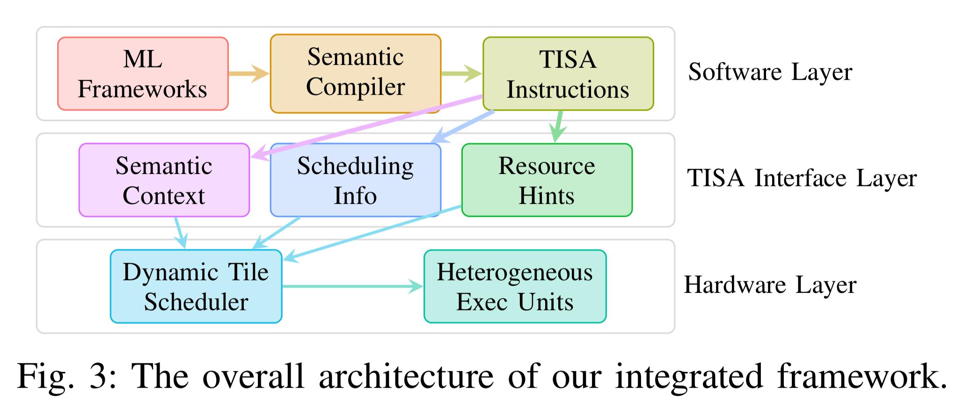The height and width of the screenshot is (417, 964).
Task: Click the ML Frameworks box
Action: [143, 74]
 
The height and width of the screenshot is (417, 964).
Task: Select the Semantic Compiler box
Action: [355, 73]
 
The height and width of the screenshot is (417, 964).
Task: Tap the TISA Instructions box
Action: [568, 74]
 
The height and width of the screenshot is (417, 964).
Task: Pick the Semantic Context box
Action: [164, 180]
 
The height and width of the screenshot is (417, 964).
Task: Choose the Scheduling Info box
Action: [355, 180]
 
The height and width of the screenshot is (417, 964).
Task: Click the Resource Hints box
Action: [547, 180]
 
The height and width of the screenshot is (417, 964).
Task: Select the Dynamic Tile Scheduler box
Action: [196, 286]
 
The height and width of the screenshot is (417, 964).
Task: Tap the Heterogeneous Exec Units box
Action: [515, 286]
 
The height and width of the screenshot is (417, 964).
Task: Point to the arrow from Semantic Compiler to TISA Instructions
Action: [461, 73]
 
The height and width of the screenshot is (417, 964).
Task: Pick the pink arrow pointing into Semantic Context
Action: [365, 127]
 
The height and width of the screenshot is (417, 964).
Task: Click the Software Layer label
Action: [770, 72]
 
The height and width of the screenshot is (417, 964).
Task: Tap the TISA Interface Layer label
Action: [802, 178]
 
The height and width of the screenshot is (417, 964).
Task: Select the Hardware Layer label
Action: [770, 285]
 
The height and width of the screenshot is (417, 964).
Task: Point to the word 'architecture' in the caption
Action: [406, 376]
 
